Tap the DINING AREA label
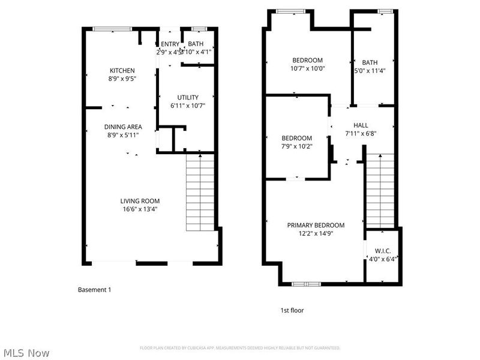[123, 127]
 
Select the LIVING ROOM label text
[140, 201]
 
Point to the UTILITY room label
[187, 97]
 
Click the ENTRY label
[170, 44]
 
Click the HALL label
[361, 125]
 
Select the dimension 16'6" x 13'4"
[140, 209]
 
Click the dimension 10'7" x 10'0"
[307, 68]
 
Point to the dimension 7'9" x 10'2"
[296, 146]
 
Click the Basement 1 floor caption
[94, 290]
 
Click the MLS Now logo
[25, 353]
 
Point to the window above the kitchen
[112, 28]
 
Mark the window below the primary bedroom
[306, 283]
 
